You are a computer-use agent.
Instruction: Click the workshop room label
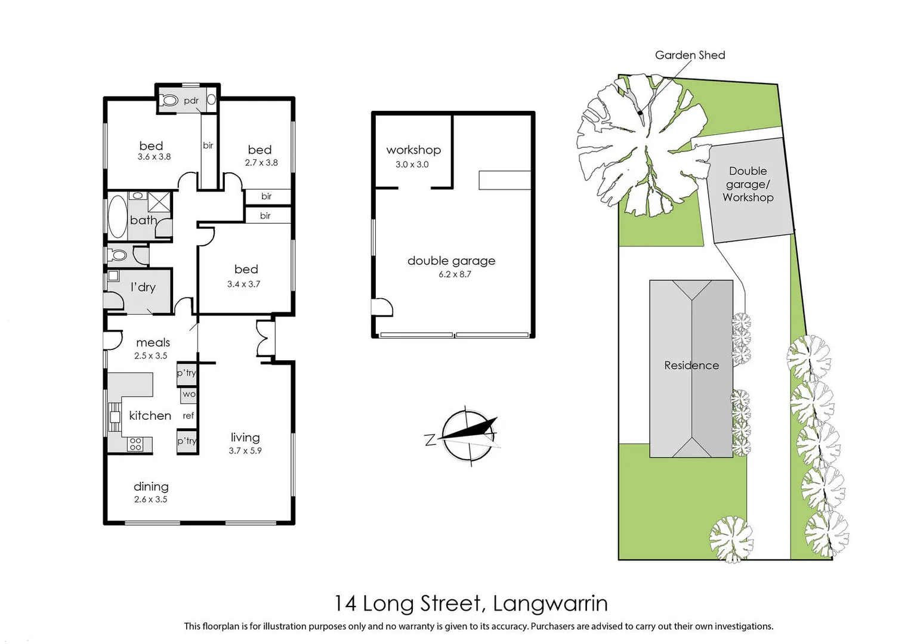[x=413, y=150]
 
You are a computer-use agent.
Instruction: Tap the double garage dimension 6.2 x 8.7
[x=455, y=274]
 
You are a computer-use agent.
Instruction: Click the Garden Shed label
[x=690, y=55]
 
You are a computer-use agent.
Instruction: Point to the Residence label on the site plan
[x=691, y=366]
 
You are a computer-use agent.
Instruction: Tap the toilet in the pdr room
[x=170, y=101]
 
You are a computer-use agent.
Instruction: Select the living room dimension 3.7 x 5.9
[x=245, y=451]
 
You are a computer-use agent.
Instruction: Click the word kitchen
[x=150, y=416]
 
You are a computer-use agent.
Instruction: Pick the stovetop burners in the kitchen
[x=135, y=444]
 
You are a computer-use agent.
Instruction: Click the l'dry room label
[x=143, y=287]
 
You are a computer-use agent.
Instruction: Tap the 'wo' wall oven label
[x=189, y=394]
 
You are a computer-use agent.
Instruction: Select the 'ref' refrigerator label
[x=189, y=416]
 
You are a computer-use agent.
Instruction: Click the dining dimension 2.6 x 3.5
[x=150, y=500]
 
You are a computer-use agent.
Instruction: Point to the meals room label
[x=153, y=342]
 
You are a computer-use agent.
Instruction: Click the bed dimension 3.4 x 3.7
[x=243, y=284]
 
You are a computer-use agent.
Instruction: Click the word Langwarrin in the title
[x=550, y=603]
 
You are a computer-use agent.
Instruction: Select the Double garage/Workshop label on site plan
[x=748, y=184]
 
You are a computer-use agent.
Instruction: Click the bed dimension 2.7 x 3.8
[x=261, y=163]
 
